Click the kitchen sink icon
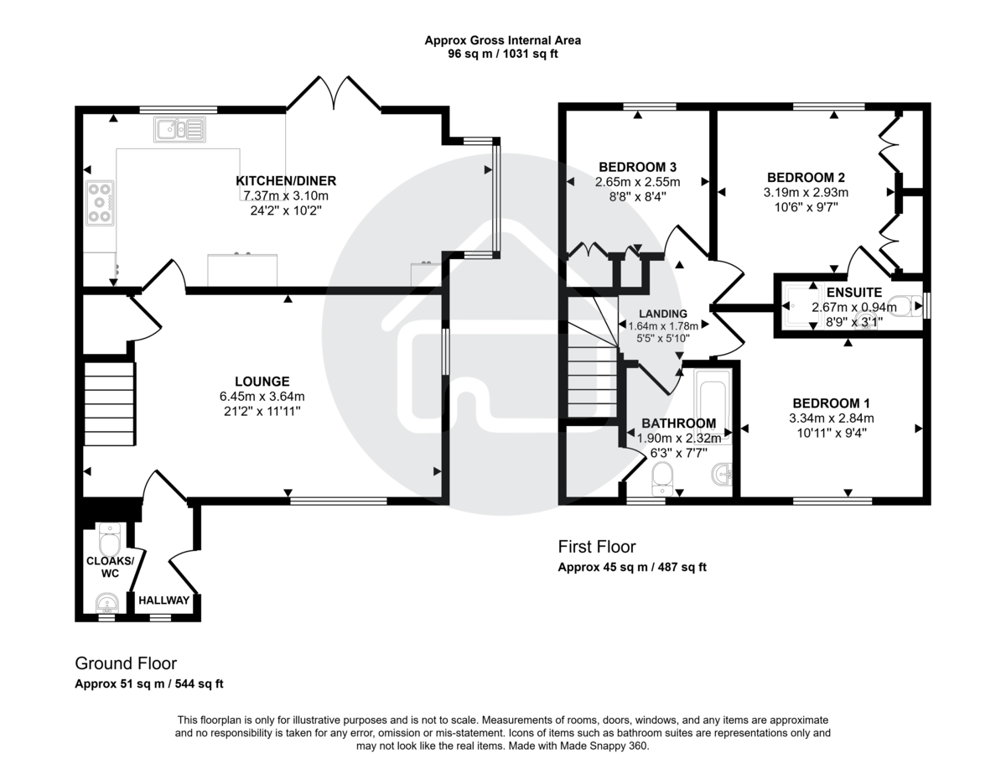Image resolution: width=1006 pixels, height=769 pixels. coord(179,129)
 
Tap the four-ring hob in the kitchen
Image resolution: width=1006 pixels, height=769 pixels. coord(100,202)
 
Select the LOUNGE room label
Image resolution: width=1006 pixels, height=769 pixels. coord(262,381)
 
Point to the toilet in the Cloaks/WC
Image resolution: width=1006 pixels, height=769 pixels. coord(111,534)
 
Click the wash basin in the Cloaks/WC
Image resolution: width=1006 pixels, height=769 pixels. coord(106,602)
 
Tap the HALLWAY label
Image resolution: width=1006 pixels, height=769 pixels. coord(164,600)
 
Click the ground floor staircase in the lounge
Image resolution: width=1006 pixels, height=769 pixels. coord(109,403)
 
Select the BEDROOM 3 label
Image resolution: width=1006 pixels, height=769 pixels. coord(637,166)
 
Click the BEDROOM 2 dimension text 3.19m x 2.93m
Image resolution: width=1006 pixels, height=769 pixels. coord(806,192)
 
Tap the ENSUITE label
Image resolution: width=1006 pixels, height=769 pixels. coord(853,293)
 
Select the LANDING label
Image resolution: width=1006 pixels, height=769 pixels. coord(662,314)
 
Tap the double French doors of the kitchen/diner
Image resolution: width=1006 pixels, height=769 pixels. coord(335,93)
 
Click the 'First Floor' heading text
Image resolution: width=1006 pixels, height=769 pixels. coord(597,547)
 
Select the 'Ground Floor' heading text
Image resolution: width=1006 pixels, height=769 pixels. coord(126,663)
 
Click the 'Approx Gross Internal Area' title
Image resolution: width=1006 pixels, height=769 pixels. coord(502,39)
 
